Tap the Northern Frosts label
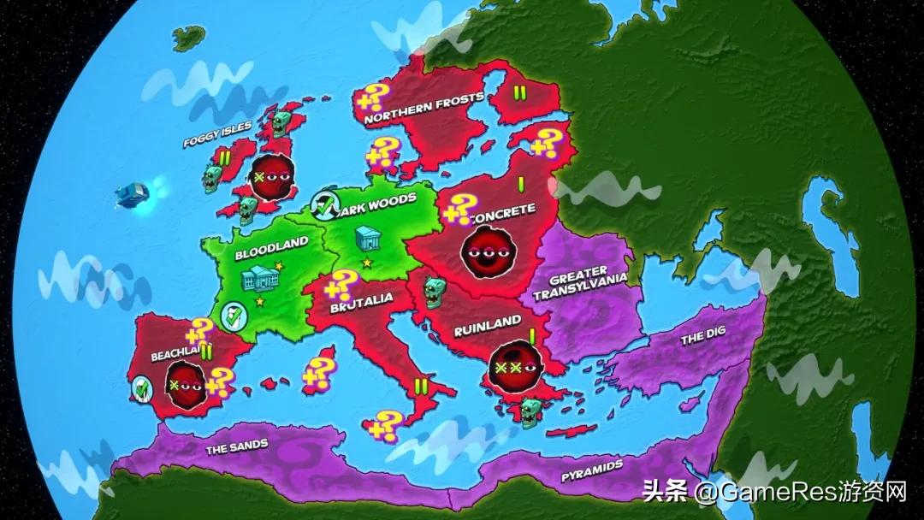click(424, 109)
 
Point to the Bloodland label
click(271, 243)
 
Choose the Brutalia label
click(362, 298)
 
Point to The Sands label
click(237, 446)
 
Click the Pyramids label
click(591, 471)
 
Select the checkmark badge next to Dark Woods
click(324, 204)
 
